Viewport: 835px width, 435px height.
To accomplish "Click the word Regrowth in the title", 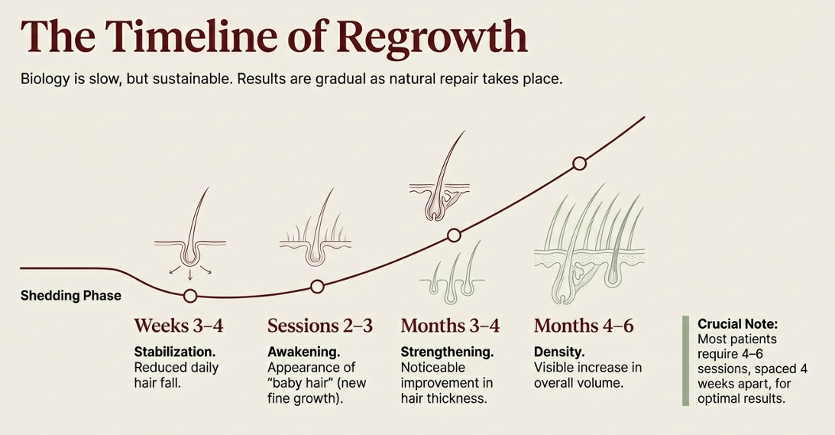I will (432, 36).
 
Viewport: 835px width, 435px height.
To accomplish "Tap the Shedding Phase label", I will (70, 295).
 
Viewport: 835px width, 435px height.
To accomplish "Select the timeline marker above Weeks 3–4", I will (190, 296).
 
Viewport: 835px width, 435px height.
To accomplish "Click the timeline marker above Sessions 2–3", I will (318, 287).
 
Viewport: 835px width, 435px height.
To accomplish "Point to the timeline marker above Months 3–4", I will (454, 235).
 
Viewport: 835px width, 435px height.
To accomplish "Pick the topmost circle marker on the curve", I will (579, 163).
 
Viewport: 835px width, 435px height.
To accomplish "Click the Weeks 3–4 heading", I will (179, 326).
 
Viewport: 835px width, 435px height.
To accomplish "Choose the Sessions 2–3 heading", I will (319, 326).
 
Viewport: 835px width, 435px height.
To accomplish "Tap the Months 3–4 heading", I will (450, 326).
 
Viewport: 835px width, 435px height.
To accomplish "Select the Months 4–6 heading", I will (584, 326).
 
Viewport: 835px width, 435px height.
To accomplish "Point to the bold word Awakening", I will (303, 352).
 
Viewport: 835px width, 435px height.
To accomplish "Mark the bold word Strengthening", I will (447, 352).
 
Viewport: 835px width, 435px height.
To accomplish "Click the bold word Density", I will (559, 352).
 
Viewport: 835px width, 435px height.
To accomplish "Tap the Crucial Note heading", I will (737, 324).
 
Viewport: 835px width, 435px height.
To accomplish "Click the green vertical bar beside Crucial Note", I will (685, 360).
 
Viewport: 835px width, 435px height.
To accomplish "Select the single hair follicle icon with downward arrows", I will (189, 233).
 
